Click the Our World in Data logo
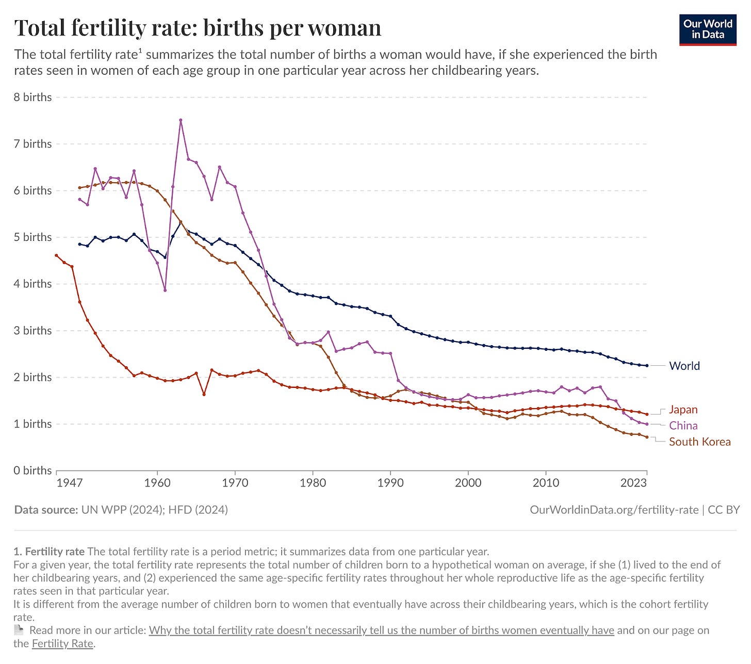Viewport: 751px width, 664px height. pyautogui.click(x=708, y=30)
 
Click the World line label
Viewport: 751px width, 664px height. pyautogui.click(x=684, y=366)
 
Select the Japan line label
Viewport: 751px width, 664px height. pyautogui.click(x=683, y=410)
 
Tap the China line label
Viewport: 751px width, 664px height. pyautogui.click(x=683, y=426)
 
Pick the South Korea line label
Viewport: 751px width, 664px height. pyautogui.click(x=699, y=442)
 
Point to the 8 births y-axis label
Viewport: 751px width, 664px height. pyautogui.click(x=33, y=97)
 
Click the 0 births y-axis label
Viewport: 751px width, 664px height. pyautogui.click(x=33, y=471)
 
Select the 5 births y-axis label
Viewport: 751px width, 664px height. pyautogui.click(x=33, y=237)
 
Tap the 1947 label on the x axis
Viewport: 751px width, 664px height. pyautogui.click(x=69, y=483)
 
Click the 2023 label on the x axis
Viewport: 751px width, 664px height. pyautogui.click(x=633, y=483)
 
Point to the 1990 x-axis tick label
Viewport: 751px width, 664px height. pyautogui.click(x=390, y=483)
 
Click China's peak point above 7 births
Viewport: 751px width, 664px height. pyautogui.click(x=181, y=120)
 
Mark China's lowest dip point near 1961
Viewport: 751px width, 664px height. pyautogui.click(x=165, y=290)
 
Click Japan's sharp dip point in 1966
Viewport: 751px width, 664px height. pyautogui.click(x=204, y=395)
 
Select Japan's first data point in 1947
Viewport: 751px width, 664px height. pyautogui.click(x=56, y=255)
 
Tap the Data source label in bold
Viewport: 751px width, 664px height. pyautogui.click(x=46, y=510)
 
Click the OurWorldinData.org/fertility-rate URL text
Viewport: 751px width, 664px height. pyautogui.click(x=614, y=510)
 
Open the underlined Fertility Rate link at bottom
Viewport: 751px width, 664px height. pyautogui.click(x=62, y=643)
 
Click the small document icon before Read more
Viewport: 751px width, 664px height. pyautogui.click(x=19, y=630)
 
